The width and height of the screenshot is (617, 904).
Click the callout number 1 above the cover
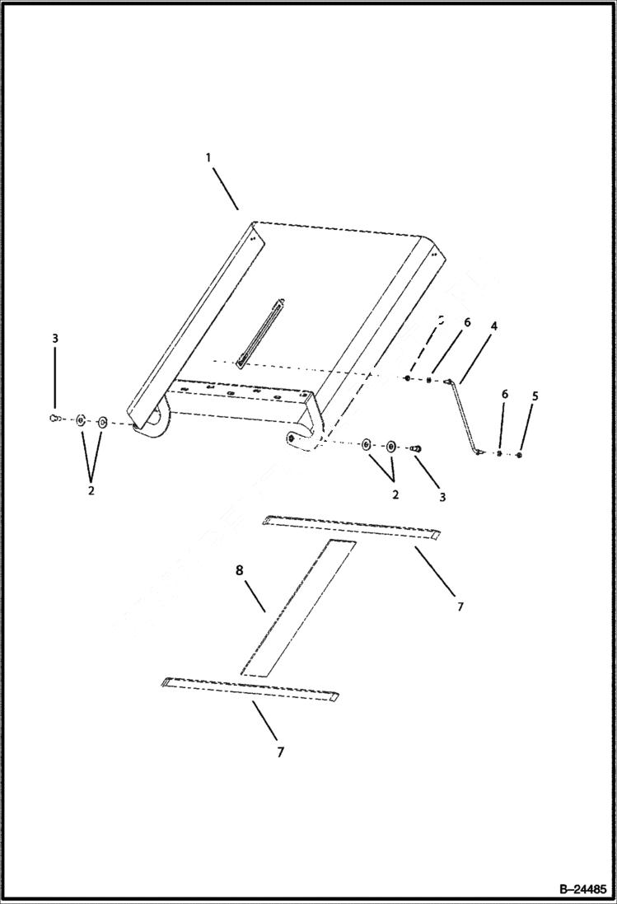point(208,157)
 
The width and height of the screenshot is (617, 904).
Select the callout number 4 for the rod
point(493,327)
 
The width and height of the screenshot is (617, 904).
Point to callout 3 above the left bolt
point(55,339)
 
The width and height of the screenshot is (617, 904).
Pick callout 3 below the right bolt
point(442,498)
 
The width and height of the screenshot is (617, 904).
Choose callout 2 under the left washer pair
point(91,490)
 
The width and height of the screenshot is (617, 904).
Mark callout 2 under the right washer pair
point(395,494)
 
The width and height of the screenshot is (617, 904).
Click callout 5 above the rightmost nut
point(535,396)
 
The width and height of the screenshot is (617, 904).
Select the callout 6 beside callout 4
point(466,323)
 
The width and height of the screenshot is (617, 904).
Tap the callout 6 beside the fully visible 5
point(505,395)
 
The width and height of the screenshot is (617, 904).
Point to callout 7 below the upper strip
point(460,607)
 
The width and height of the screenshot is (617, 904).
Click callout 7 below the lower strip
point(280,752)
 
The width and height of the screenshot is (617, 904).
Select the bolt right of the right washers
point(416,447)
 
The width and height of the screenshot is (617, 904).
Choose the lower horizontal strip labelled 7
point(251,688)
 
